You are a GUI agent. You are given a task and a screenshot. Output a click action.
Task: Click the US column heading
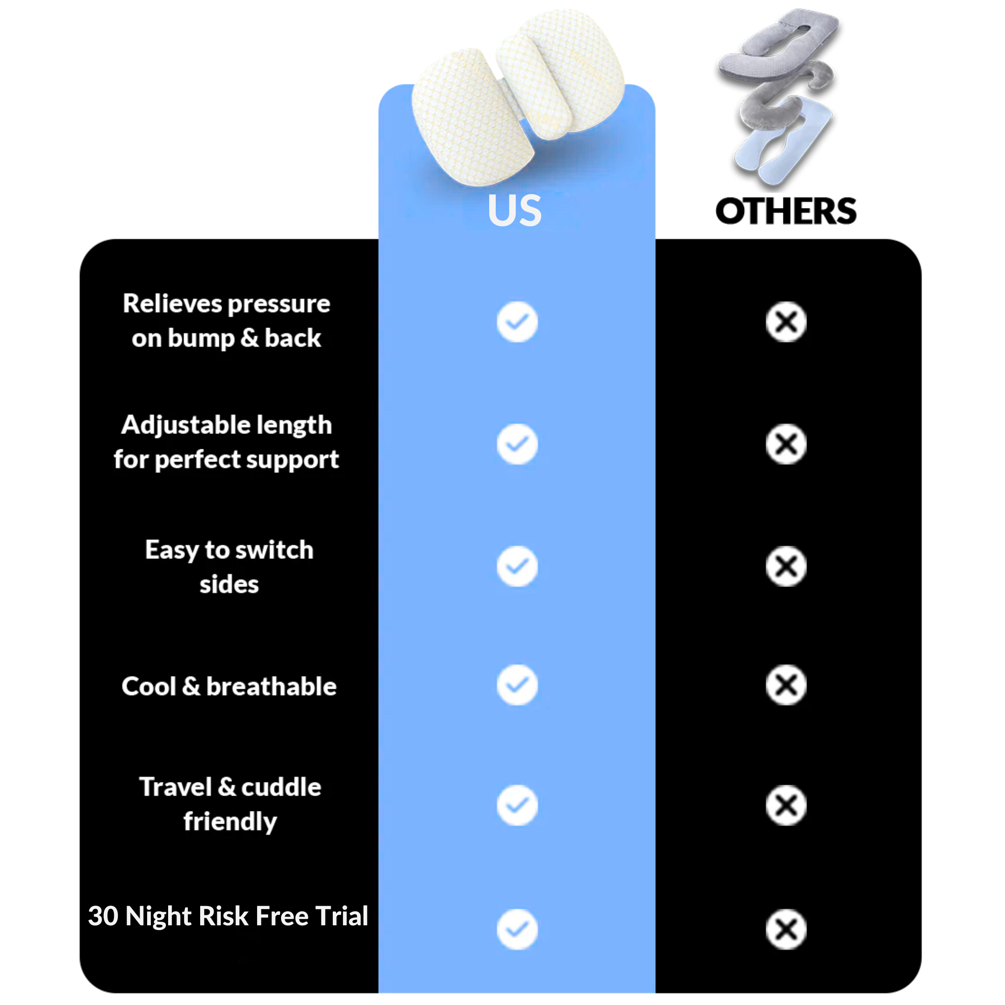tap(515, 211)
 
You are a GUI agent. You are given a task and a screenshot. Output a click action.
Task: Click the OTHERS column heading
tap(786, 211)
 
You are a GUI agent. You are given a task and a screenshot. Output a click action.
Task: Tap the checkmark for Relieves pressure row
tap(517, 322)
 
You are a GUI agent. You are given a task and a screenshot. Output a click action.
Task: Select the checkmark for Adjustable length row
tap(517, 444)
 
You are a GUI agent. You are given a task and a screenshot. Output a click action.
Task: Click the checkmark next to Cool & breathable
tap(517, 685)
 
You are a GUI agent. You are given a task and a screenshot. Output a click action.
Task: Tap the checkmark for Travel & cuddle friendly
tap(517, 805)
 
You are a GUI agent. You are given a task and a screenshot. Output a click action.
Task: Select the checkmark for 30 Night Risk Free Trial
tap(517, 930)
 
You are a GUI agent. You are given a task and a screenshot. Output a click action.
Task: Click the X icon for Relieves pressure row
tap(786, 322)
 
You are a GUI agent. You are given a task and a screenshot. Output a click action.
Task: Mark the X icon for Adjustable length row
tap(786, 444)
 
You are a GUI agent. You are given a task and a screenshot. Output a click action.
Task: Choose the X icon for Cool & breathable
tap(786, 685)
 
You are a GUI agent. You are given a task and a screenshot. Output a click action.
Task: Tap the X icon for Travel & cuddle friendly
tap(786, 805)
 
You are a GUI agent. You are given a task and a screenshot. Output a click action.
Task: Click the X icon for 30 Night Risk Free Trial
tap(786, 930)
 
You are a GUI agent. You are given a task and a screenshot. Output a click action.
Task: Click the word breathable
tap(272, 687)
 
